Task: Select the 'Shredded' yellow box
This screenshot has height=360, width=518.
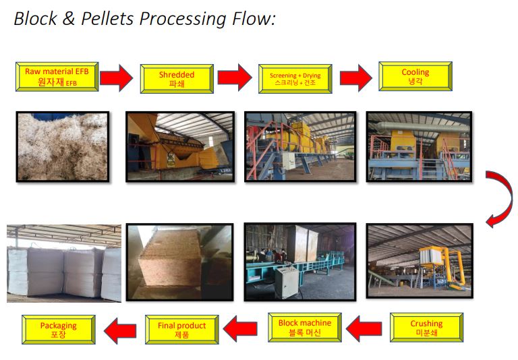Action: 176,79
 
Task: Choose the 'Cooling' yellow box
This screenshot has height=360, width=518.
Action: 415,76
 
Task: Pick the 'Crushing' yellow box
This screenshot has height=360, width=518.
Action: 426,328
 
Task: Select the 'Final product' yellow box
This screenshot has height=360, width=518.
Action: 181,330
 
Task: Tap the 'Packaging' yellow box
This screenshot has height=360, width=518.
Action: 58,330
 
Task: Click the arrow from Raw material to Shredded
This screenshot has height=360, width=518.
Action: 116,78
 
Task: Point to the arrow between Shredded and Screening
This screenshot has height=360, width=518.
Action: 235,78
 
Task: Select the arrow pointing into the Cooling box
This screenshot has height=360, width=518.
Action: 355,78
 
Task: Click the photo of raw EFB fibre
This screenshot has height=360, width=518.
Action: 61,147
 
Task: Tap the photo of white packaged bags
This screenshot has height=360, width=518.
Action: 63,263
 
